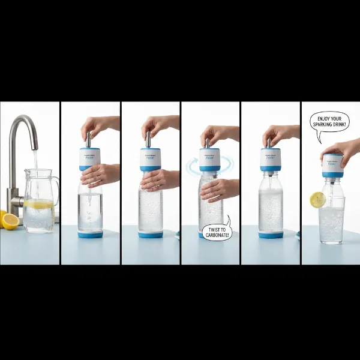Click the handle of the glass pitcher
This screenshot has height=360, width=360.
click(56, 190)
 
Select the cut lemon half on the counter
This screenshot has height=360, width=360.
click(10, 221)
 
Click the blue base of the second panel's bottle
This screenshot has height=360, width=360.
click(90, 234)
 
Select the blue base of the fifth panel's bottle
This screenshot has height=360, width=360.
click(271, 234)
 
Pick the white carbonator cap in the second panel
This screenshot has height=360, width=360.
click(90, 158)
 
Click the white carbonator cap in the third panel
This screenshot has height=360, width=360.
click(151, 158)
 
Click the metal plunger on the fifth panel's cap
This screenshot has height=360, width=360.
click(270, 142)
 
